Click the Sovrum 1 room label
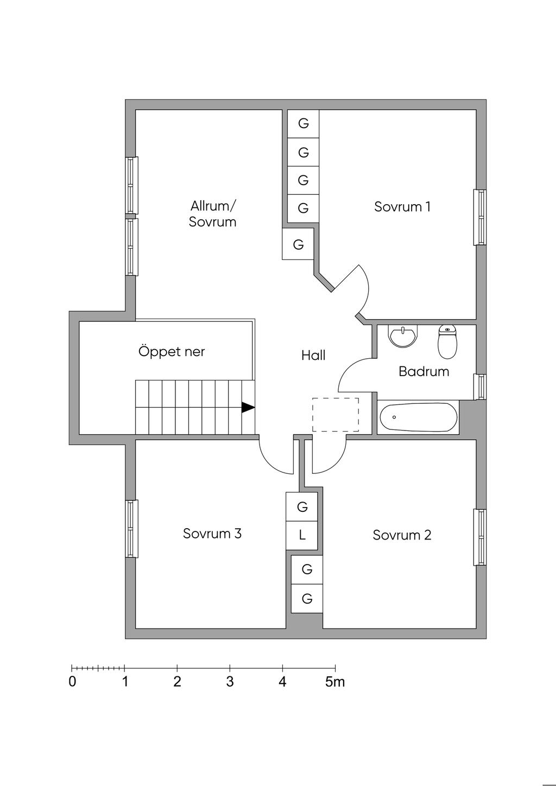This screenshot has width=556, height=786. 402,207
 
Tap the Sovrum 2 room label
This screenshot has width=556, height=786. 402,535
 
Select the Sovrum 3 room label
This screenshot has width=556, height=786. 212,534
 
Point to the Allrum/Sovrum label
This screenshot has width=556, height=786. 212,214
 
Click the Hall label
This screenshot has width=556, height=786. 313,356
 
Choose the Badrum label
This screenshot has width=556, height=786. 424,372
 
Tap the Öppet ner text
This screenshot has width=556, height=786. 172,352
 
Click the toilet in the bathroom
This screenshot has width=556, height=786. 447,341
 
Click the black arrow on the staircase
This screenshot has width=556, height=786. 248,407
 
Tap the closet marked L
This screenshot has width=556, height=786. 302,535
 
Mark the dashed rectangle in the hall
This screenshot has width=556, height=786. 335,415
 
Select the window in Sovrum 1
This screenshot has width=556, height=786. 480,217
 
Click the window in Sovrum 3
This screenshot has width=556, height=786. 131,529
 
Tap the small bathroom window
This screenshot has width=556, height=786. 480,386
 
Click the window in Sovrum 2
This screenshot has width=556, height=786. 480,537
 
